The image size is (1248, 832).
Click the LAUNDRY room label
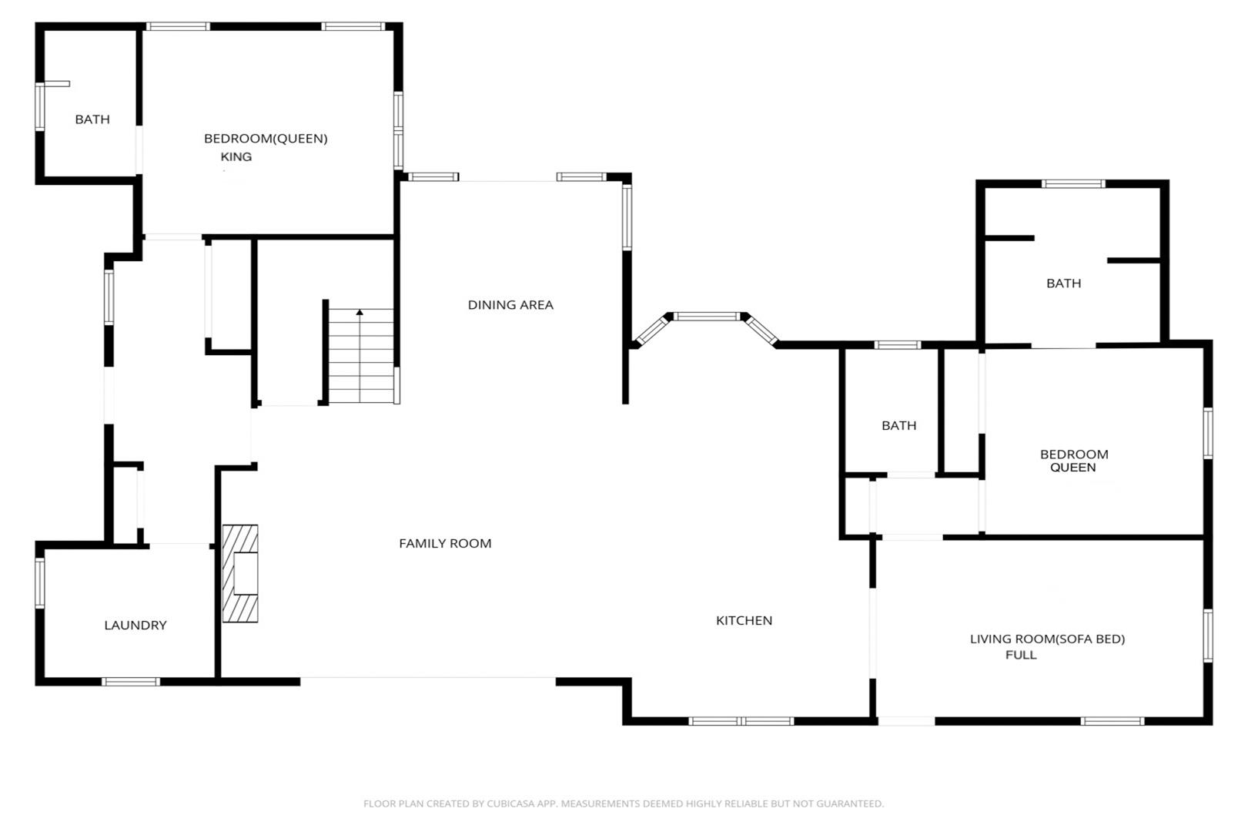point(136,625)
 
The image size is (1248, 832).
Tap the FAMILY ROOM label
point(445,543)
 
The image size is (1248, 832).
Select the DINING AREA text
point(510,305)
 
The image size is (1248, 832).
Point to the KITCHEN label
point(744,621)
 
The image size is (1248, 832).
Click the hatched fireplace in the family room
point(240,573)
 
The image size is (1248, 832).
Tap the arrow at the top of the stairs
point(360,312)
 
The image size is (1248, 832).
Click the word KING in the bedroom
point(236,156)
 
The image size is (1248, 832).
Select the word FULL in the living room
point(1021,655)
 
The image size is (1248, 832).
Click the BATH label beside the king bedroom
point(92,119)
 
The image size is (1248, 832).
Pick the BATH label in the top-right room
point(1063,283)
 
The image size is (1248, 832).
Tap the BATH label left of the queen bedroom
point(898,425)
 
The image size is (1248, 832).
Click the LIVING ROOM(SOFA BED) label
point(1047,639)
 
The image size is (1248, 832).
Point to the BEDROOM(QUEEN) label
point(266,139)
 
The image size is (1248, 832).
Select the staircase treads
point(361,356)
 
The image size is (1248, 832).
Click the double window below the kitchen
point(741,721)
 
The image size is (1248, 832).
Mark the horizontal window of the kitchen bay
point(707,316)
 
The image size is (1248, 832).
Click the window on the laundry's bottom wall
point(130,682)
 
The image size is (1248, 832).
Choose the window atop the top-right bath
point(1073,183)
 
